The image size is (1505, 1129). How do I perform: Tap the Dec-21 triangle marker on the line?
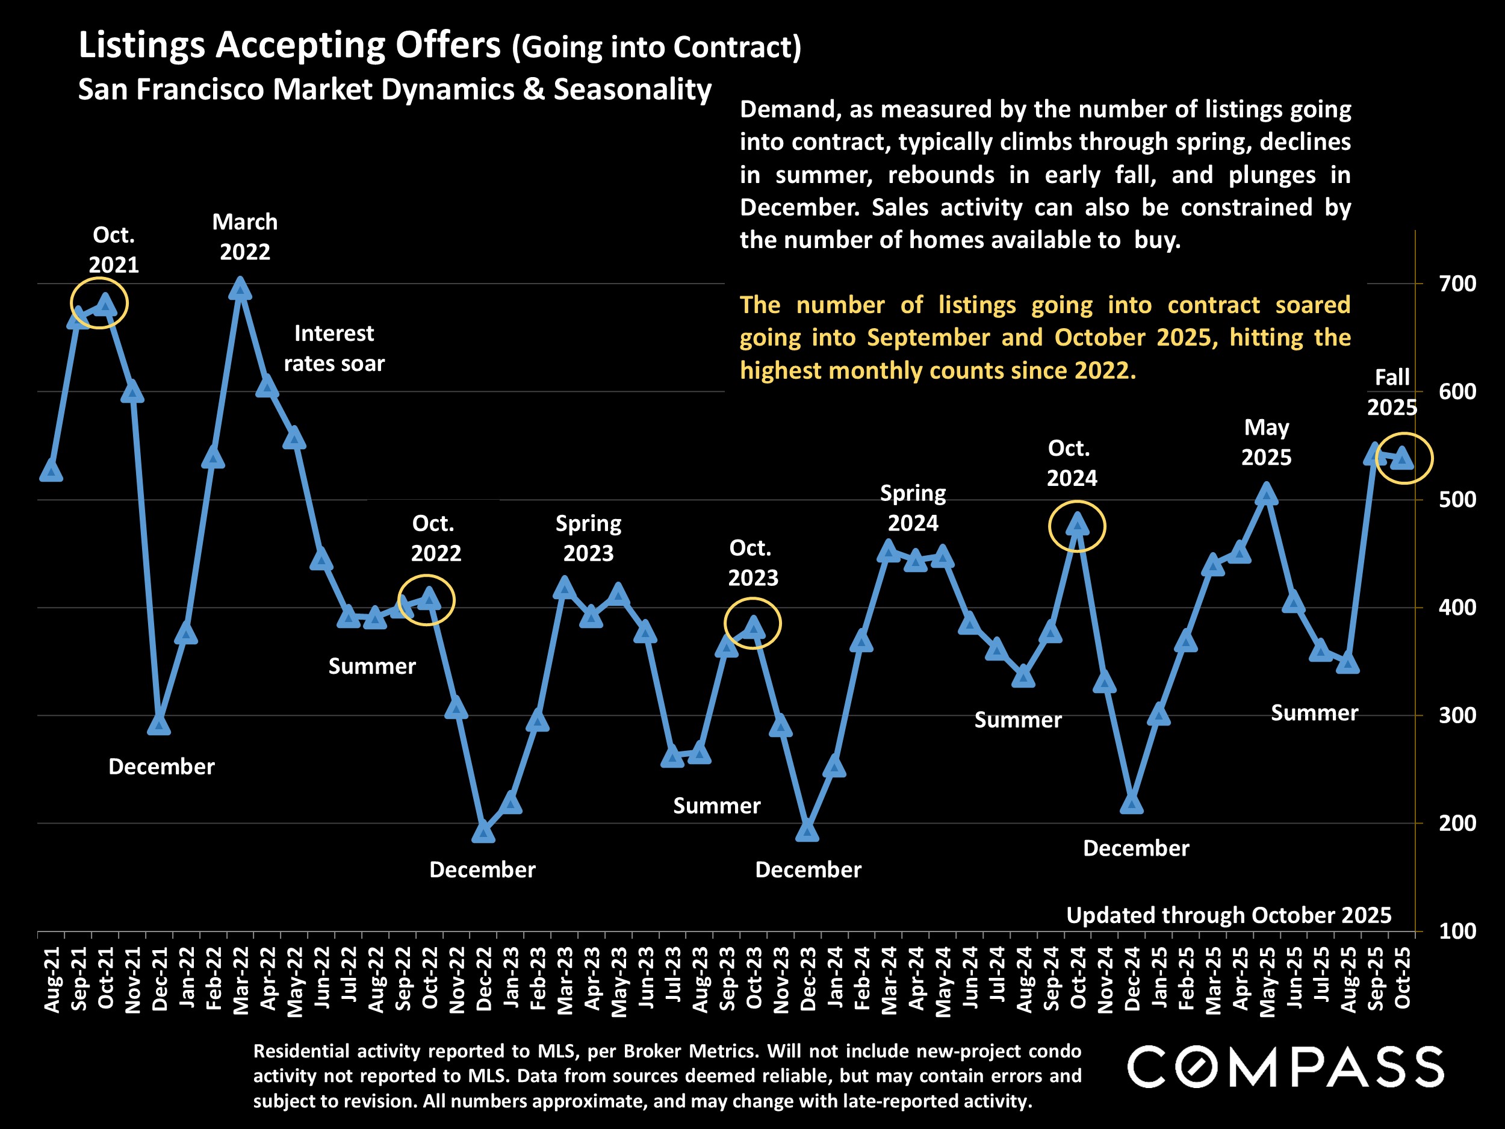click(159, 726)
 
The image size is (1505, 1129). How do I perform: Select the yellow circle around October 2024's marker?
click(1077, 526)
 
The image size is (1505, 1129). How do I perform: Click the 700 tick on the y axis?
click(1457, 284)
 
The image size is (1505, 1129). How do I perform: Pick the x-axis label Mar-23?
click(565, 980)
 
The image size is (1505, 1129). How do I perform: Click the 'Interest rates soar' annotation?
click(334, 349)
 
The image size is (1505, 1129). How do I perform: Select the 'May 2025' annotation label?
click(1266, 443)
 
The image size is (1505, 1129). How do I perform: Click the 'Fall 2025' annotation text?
click(1392, 392)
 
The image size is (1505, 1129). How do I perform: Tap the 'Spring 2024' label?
click(913, 508)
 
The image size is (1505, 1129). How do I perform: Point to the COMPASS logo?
click(1285, 1067)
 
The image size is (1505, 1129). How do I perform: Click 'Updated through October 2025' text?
click(1229, 915)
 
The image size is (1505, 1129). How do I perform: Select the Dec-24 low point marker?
click(1132, 804)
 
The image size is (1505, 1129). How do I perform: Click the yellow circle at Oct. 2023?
click(752, 623)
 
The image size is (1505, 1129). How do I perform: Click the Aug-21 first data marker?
click(52, 471)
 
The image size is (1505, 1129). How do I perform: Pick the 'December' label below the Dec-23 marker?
click(808, 869)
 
